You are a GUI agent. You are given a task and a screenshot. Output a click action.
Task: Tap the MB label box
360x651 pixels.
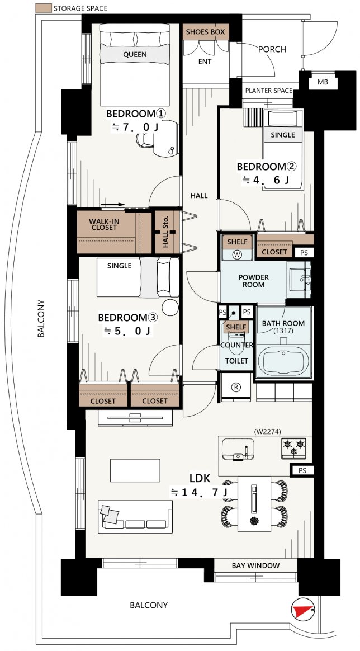tap(323, 82)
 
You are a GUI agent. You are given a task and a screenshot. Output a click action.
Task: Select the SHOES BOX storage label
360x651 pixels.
tap(205, 32)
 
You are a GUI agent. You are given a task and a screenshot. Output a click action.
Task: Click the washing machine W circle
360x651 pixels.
tap(237, 255)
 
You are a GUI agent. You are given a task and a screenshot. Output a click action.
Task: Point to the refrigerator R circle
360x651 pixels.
tap(236, 388)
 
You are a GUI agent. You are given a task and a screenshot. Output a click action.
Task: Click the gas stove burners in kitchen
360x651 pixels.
tap(293, 448)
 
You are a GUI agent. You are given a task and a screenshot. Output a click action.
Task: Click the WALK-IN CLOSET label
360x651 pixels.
tap(103, 225)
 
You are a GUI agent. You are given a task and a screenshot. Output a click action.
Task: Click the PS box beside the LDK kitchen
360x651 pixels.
tap(302, 470)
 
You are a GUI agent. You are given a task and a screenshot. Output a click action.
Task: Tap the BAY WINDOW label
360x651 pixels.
tap(255, 565)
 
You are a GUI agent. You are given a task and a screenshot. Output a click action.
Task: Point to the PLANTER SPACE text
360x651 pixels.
tap(269, 91)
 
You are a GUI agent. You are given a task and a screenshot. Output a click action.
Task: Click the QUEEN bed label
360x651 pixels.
tap(135, 54)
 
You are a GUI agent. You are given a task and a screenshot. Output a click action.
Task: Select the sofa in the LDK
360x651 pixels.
tap(135, 516)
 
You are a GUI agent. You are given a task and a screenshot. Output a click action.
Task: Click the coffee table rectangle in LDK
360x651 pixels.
tap(135, 470)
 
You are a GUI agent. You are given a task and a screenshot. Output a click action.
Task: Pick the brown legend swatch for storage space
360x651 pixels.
tap(44, 8)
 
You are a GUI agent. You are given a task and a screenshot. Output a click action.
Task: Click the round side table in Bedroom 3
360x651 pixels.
tap(170, 308)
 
